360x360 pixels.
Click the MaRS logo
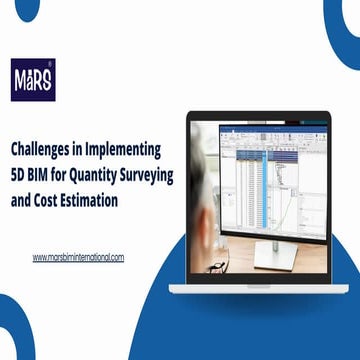point(33,78)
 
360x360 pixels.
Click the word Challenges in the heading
point(44,148)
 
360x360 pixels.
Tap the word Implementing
point(124,148)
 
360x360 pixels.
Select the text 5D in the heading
point(20,173)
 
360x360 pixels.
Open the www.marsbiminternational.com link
point(78,257)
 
